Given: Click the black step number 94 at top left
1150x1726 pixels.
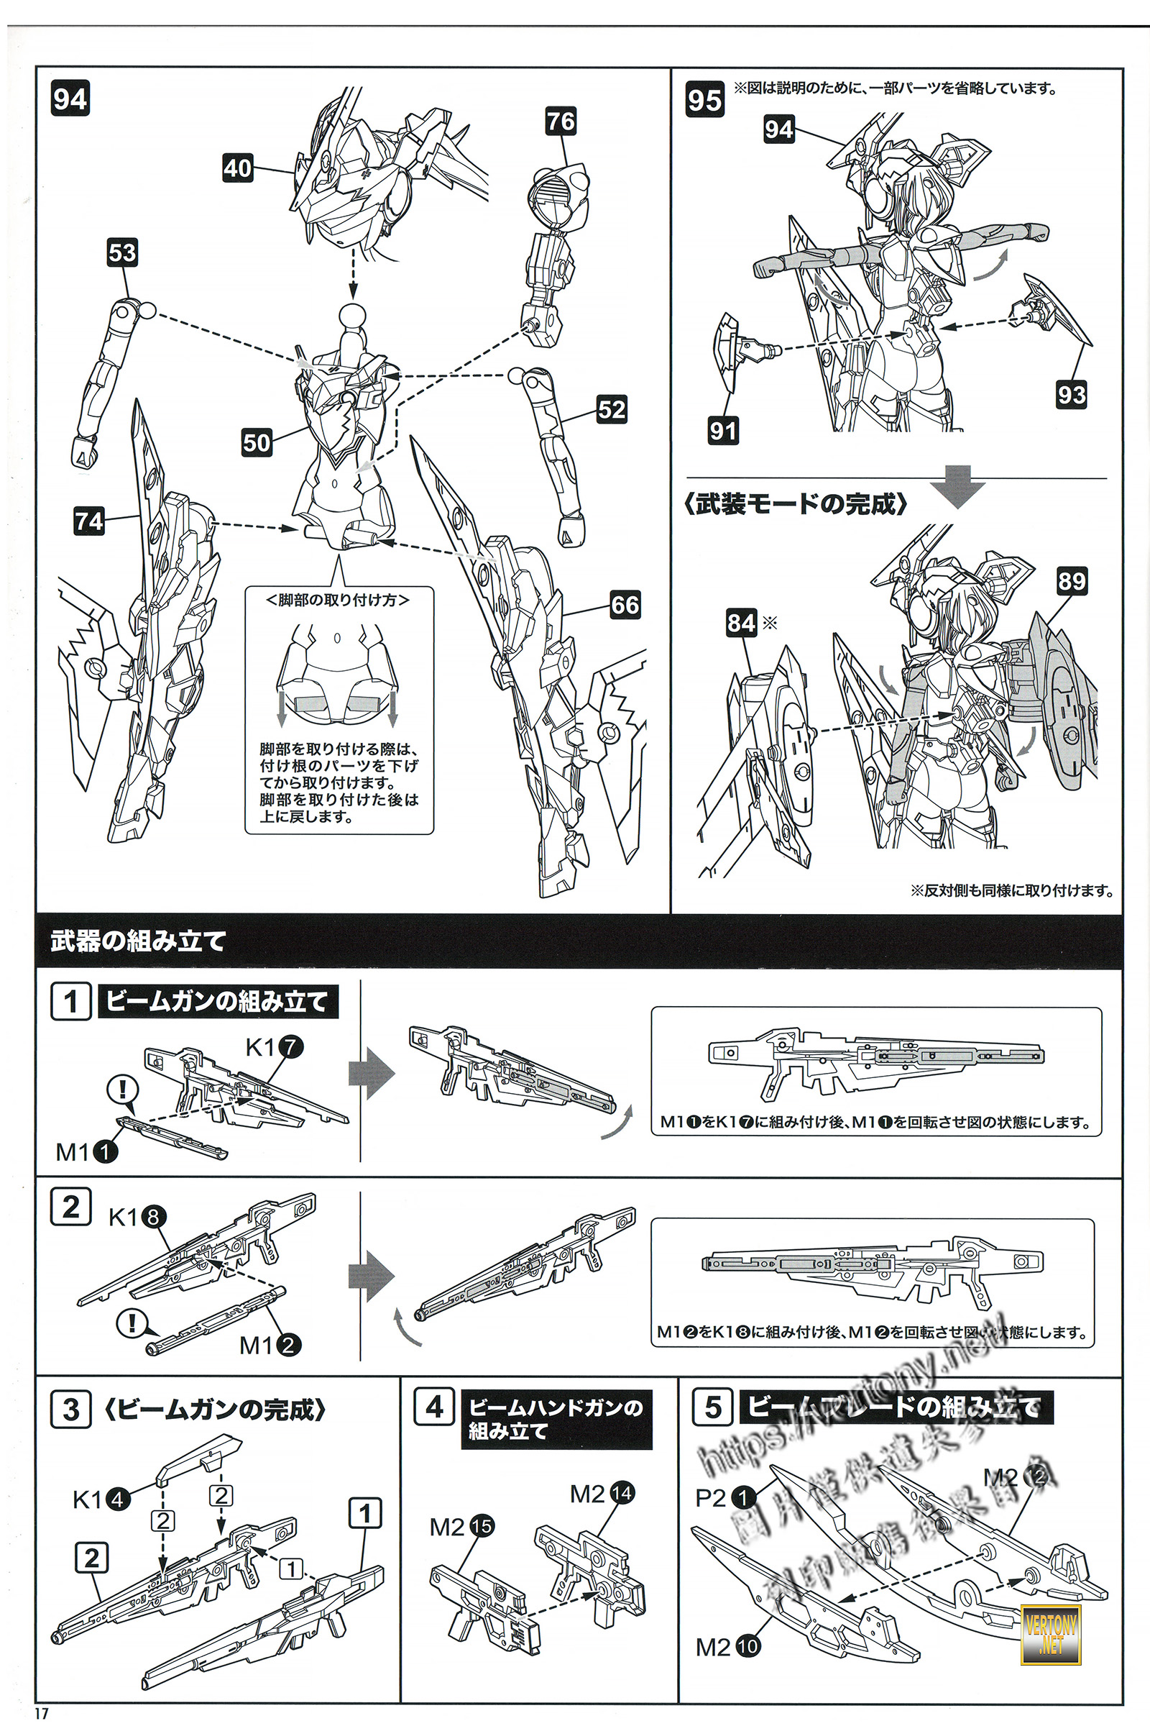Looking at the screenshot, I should point(70,99).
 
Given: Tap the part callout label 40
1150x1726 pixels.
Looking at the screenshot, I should point(238,169).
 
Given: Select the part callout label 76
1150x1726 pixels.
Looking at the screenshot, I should point(561,121).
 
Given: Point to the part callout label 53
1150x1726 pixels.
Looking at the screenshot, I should point(121,253).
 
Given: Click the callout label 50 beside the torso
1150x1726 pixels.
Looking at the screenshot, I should point(257,442).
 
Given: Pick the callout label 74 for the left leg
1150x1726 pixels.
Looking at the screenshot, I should point(89,521).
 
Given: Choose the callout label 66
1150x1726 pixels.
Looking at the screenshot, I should point(625,605).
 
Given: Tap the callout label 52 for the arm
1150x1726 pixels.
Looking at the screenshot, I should point(612,409).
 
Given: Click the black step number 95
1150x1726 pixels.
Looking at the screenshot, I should point(704,100).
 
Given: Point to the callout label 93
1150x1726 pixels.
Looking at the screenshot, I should point(1071,395).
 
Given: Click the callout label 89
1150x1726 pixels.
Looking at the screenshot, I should point(1071,581).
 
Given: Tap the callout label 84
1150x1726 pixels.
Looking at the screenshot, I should point(741,623).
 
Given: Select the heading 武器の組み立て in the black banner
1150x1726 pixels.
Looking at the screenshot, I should point(138,941).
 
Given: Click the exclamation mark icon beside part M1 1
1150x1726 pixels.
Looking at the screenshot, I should point(122,1089).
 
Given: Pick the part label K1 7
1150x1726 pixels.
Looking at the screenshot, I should point(273,1047).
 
